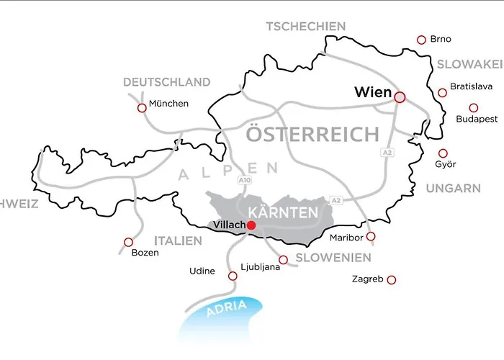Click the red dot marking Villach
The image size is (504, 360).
click(251, 225)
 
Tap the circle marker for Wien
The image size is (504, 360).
click(400, 96)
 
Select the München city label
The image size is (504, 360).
click(168, 104)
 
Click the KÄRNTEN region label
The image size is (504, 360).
click(282, 212)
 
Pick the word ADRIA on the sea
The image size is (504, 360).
click(227, 309)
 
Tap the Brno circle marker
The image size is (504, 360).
click(421, 40)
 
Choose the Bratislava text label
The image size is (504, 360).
click(471, 86)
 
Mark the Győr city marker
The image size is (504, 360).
click(443, 153)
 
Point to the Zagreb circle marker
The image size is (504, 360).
click(392, 279)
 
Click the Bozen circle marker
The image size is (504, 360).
click(128, 243)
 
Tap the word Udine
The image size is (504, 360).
click(202, 271)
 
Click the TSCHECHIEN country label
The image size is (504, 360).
click(306, 27)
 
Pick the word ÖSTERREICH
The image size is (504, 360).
click(312, 134)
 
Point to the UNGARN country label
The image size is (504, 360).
click(453, 189)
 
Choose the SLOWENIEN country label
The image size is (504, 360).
click(333, 258)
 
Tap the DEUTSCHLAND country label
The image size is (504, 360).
click(166, 82)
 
